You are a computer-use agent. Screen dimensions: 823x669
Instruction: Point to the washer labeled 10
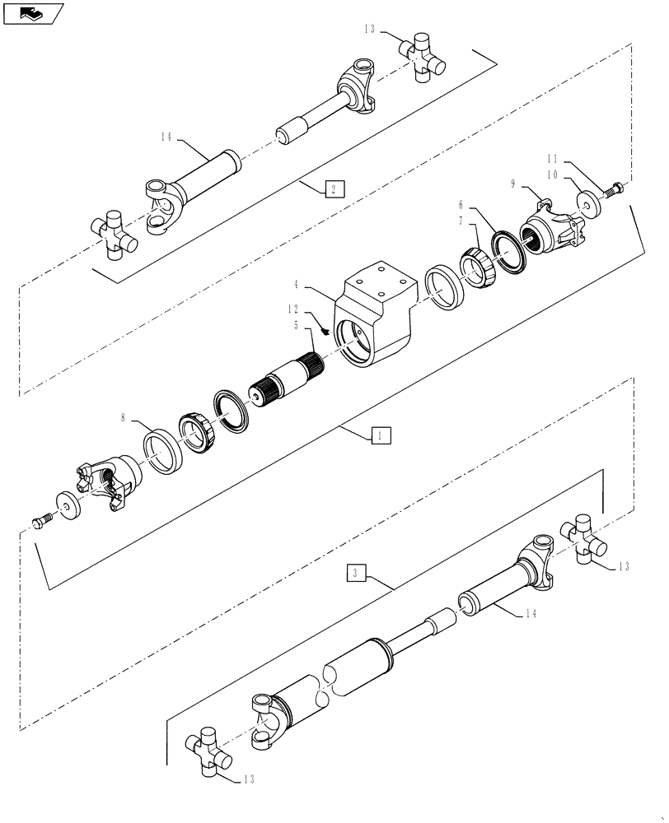pyautogui.click(x=588, y=203)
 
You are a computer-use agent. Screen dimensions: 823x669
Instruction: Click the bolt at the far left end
pyautogui.click(x=44, y=521)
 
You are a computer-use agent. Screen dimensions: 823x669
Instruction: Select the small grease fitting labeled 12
pyautogui.click(x=326, y=331)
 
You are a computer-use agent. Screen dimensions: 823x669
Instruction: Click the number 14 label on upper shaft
pyautogui.click(x=166, y=137)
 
